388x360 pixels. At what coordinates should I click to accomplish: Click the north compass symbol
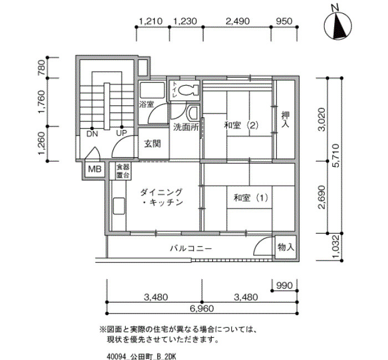click(338, 25)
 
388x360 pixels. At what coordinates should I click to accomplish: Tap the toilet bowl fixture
click(188, 90)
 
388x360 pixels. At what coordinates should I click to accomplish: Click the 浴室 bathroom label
click(146, 104)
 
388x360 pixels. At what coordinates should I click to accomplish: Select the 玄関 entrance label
click(152, 143)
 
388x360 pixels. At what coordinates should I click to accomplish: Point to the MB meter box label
click(95, 169)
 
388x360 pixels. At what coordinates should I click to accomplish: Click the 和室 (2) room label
click(241, 125)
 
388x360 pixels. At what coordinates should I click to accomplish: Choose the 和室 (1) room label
click(251, 198)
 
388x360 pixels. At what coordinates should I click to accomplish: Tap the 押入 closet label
click(285, 120)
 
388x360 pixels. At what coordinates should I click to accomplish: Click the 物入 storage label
click(286, 247)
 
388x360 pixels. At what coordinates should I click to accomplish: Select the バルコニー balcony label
click(191, 248)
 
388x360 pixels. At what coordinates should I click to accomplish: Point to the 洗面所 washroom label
click(186, 127)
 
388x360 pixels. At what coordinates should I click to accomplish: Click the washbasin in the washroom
click(193, 113)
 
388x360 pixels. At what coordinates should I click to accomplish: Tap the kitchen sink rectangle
click(119, 206)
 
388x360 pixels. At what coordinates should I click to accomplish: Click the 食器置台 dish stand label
click(122, 171)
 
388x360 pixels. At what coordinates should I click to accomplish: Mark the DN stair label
click(92, 134)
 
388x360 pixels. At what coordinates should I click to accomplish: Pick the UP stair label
click(121, 133)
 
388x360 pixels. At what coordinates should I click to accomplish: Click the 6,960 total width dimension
click(202, 308)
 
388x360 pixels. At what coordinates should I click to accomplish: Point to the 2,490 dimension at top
click(238, 21)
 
